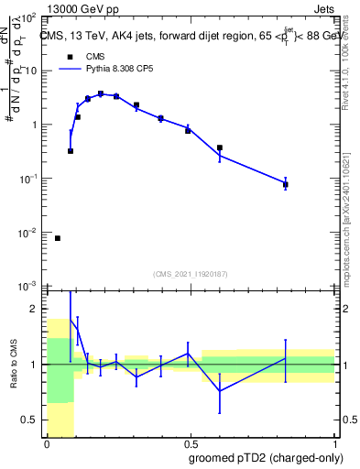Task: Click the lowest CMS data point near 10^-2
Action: pyautogui.click(x=58, y=238)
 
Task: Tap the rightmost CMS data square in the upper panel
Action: pyautogui.click(x=286, y=185)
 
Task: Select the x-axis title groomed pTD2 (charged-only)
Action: pyautogui.click(x=266, y=457)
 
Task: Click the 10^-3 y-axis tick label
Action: pyautogui.click(x=29, y=287)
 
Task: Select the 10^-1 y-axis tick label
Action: pyautogui.click(x=29, y=180)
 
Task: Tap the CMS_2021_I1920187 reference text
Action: pyautogui.click(x=190, y=274)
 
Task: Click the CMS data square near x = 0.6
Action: pyautogui.click(x=220, y=147)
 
